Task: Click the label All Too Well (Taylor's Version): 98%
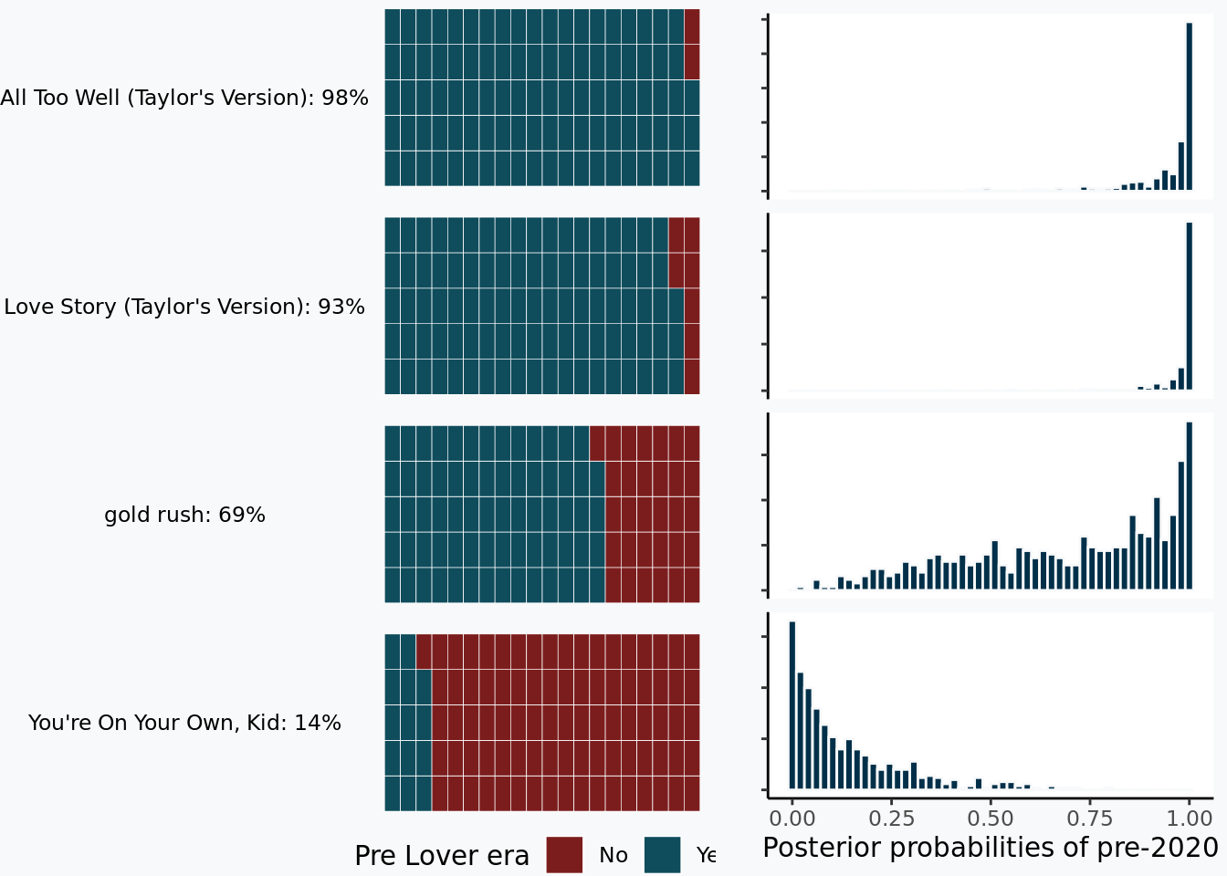[x=184, y=98]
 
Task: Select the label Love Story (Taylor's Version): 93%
[x=184, y=307]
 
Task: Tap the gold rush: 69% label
[x=184, y=515]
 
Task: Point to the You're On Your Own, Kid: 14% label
[x=184, y=723]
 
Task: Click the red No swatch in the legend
[x=564, y=855]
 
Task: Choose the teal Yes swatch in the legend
[x=662, y=855]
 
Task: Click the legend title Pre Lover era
[x=442, y=856]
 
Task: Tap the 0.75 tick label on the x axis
[x=1090, y=818]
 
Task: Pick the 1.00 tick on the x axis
[x=1190, y=818]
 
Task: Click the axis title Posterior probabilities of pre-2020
[x=991, y=848]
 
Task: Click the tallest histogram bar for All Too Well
[x=1190, y=106]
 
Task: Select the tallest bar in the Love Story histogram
[x=1190, y=306]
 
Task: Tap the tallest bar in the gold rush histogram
[x=1190, y=505]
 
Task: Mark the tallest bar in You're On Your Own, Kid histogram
[x=792, y=704]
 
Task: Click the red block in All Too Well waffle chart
[x=692, y=44]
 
